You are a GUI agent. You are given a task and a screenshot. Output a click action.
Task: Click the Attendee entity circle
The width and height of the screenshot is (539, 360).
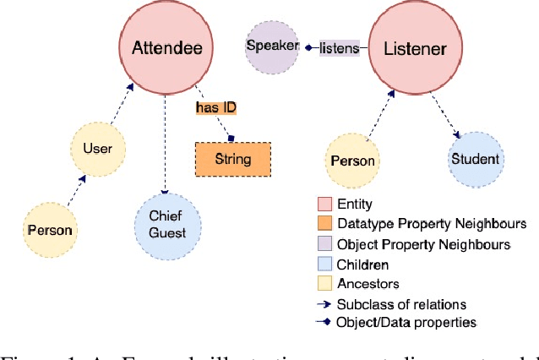click(167, 47)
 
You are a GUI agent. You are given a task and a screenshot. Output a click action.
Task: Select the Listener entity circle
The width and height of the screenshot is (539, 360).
click(416, 49)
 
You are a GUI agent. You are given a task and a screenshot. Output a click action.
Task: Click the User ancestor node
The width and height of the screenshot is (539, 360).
click(97, 150)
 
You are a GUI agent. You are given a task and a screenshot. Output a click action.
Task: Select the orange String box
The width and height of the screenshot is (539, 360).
click(234, 159)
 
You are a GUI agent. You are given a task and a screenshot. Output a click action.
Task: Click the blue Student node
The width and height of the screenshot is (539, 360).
click(475, 158)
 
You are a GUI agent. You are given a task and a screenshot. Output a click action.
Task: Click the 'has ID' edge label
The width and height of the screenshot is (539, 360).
click(215, 107)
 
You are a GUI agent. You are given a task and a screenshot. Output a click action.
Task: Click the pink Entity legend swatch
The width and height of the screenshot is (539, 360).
click(324, 204)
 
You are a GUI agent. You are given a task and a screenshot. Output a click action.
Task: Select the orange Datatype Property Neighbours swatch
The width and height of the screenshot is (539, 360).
click(324, 224)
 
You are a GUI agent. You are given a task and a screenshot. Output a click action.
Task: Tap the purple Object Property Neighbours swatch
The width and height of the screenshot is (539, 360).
click(324, 244)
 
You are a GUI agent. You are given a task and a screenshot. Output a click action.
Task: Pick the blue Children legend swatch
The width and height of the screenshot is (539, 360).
click(324, 265)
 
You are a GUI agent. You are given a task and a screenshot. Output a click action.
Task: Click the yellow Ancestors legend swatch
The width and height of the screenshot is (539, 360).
click(324, 285)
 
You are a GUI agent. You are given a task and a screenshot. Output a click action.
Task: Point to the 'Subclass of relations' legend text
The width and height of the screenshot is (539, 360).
click(400, 304)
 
